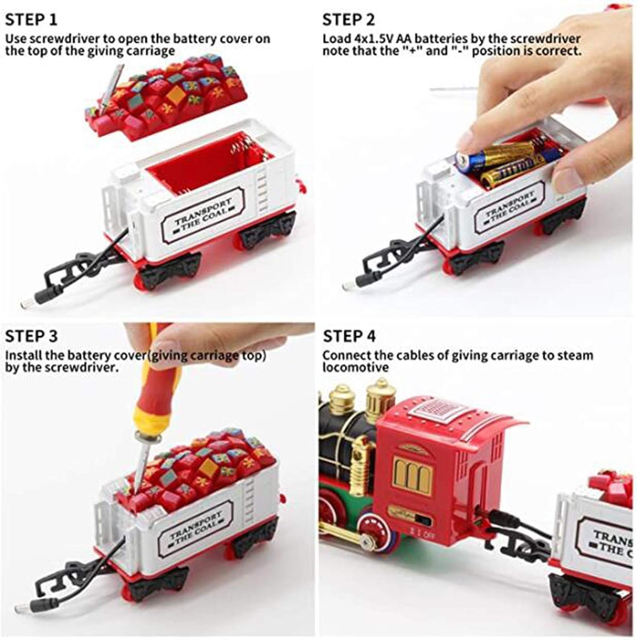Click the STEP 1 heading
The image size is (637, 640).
point(31,20)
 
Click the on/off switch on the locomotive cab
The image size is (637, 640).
point(422,521)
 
